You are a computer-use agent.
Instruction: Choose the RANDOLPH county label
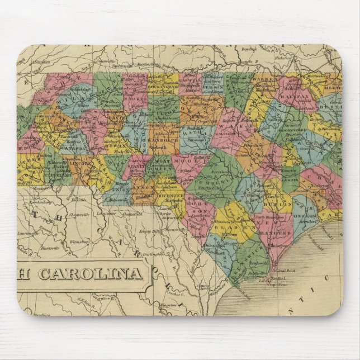(x=165, y=141)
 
